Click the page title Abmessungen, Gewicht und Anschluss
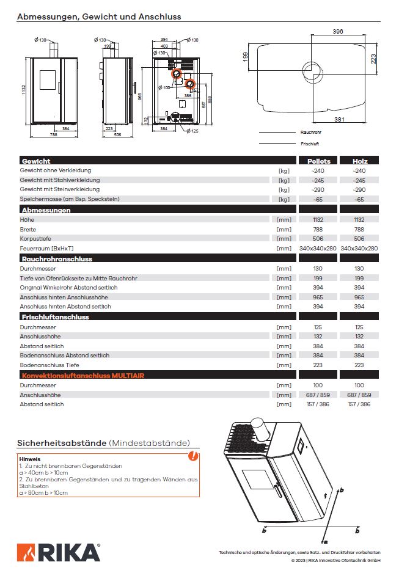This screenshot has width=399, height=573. point(98,17)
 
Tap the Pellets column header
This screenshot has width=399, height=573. point(318,161)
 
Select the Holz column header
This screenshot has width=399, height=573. point(360,161)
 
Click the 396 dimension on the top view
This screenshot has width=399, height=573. point(338,31)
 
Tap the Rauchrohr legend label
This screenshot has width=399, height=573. point(311,132)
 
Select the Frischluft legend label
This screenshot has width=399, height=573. point(310,144)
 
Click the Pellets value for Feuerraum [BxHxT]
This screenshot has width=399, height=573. point(318,249)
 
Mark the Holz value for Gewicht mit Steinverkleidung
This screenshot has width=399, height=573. point(359,190)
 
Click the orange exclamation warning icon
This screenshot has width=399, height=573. point(193,455)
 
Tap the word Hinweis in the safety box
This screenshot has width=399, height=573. point(30,458)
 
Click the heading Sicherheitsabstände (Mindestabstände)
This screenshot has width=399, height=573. point(103,442)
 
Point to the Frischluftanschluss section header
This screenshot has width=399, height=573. point(55,316)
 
